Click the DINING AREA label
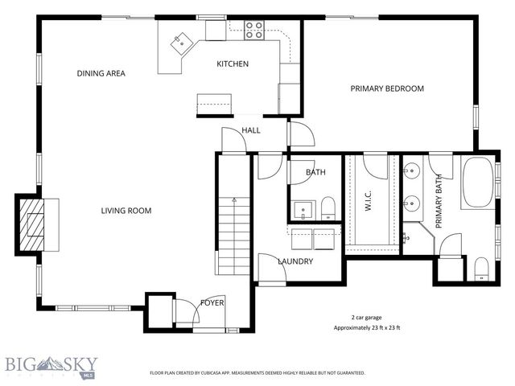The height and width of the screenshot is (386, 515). [101, 73]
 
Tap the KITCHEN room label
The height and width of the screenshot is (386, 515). [233, 64]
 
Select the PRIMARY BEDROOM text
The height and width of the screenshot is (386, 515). [386, 88]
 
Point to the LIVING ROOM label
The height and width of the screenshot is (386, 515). [126, 211]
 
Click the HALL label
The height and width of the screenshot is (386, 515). [251, 129]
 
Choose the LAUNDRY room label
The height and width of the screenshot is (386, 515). [295, 261]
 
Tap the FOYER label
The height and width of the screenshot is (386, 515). [212, 302]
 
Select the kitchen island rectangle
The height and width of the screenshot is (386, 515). [214, 103]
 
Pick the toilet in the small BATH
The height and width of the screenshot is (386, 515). [328, 210]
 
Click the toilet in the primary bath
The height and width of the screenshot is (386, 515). [480, 267]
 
